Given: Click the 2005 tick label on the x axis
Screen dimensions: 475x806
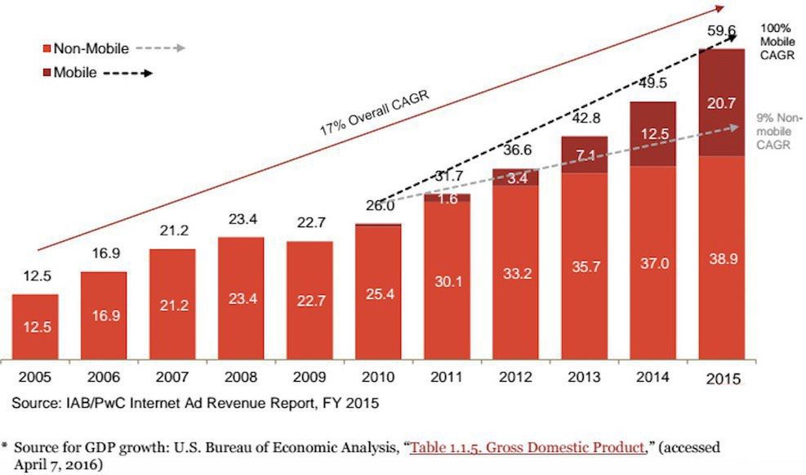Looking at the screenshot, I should [34, 378].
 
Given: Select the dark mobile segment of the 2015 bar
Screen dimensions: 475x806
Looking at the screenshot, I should [721, 103].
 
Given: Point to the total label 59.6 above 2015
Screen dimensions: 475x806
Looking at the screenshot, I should [721, 32].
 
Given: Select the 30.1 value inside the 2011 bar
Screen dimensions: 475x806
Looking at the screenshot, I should [446, 282].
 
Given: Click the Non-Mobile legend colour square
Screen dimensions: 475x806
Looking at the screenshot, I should [49, 49].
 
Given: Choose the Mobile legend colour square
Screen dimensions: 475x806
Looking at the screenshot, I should [49, 73].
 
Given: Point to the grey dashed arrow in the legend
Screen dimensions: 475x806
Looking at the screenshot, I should [161, 48].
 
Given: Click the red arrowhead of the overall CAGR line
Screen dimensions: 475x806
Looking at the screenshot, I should [719, 8].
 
